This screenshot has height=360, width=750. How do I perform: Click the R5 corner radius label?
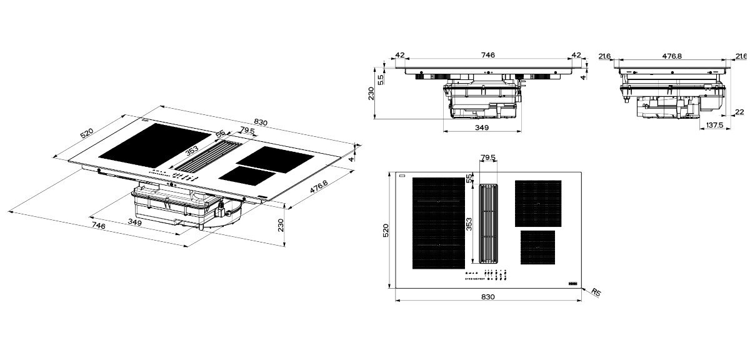596,292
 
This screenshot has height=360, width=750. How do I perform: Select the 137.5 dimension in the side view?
715,125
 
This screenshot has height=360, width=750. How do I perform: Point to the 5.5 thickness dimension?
381,79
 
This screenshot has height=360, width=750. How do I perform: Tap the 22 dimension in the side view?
739,112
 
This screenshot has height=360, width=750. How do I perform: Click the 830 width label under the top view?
488,297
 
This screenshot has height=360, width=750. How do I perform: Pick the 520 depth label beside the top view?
386,231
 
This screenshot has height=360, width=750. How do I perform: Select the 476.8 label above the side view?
672,56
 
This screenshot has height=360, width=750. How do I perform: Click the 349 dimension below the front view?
482,127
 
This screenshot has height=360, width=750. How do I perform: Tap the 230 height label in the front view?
371,93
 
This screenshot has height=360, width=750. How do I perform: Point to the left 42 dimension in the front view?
400,55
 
